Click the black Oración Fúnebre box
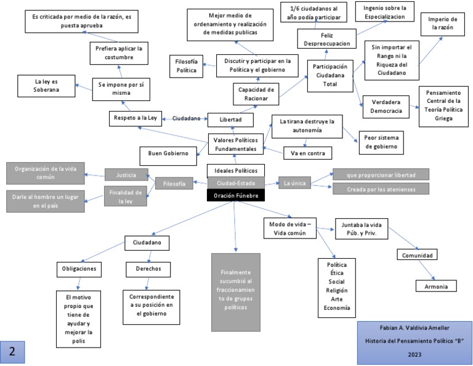(x=236, y=196)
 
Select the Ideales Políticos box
(x=236, y=170)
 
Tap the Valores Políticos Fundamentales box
(x=235, y=144)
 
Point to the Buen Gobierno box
(x=167, y=152)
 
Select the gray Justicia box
(x=127, y=174)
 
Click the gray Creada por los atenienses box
(x=381, y=189)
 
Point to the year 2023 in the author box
(x=414, y=355)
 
